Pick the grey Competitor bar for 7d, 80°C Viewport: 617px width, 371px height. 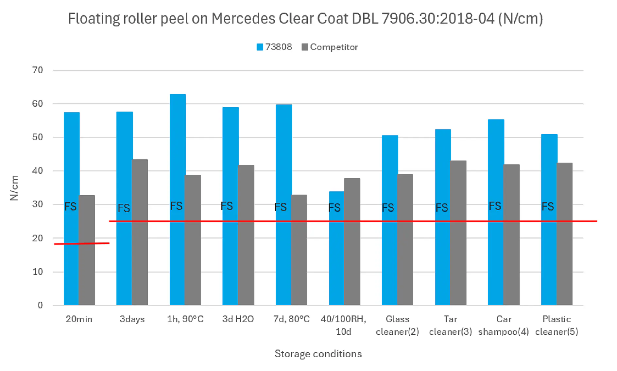point(299,255)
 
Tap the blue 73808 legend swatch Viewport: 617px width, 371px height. point(260,47)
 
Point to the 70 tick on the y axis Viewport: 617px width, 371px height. point(38,70)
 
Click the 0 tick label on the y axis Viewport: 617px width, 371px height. point(40,305)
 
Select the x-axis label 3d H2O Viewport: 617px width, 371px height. point(238,319)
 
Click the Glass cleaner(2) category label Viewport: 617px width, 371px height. point(397,325)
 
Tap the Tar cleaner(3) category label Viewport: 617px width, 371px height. point(450,325)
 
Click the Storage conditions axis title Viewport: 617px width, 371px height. point(318,354)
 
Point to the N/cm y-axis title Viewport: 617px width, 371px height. point(14,188)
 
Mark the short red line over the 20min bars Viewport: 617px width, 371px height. point(82,243)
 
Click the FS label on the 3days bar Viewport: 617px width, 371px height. point(124,208)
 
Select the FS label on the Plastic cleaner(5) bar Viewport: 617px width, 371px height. point(548,206)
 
